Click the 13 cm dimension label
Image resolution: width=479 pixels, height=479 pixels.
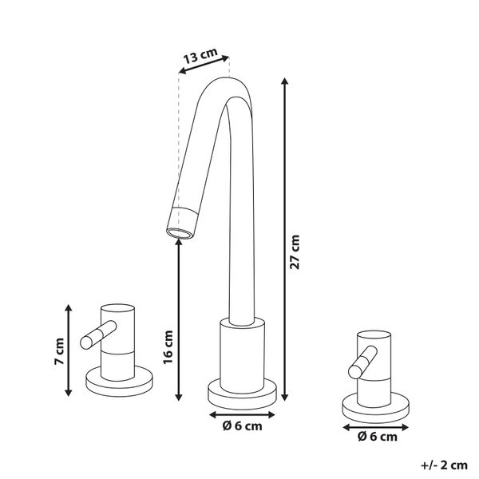click(200, 56)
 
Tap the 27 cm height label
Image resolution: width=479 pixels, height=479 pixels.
click(295, 252)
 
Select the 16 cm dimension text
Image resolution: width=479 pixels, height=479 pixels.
click(168, 347)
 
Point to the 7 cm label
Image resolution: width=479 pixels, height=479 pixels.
click(59, 351)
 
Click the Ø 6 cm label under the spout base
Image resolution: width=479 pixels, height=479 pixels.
click(242, 426)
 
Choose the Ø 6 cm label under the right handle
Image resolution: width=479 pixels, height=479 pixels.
click(378, 437)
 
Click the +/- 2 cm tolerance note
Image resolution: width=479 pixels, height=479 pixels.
click(444, 465)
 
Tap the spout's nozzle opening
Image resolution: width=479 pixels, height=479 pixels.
click(180, 233)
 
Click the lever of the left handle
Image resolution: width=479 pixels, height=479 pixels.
click(98, 335)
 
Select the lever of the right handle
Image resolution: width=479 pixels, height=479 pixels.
click(363, 362)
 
